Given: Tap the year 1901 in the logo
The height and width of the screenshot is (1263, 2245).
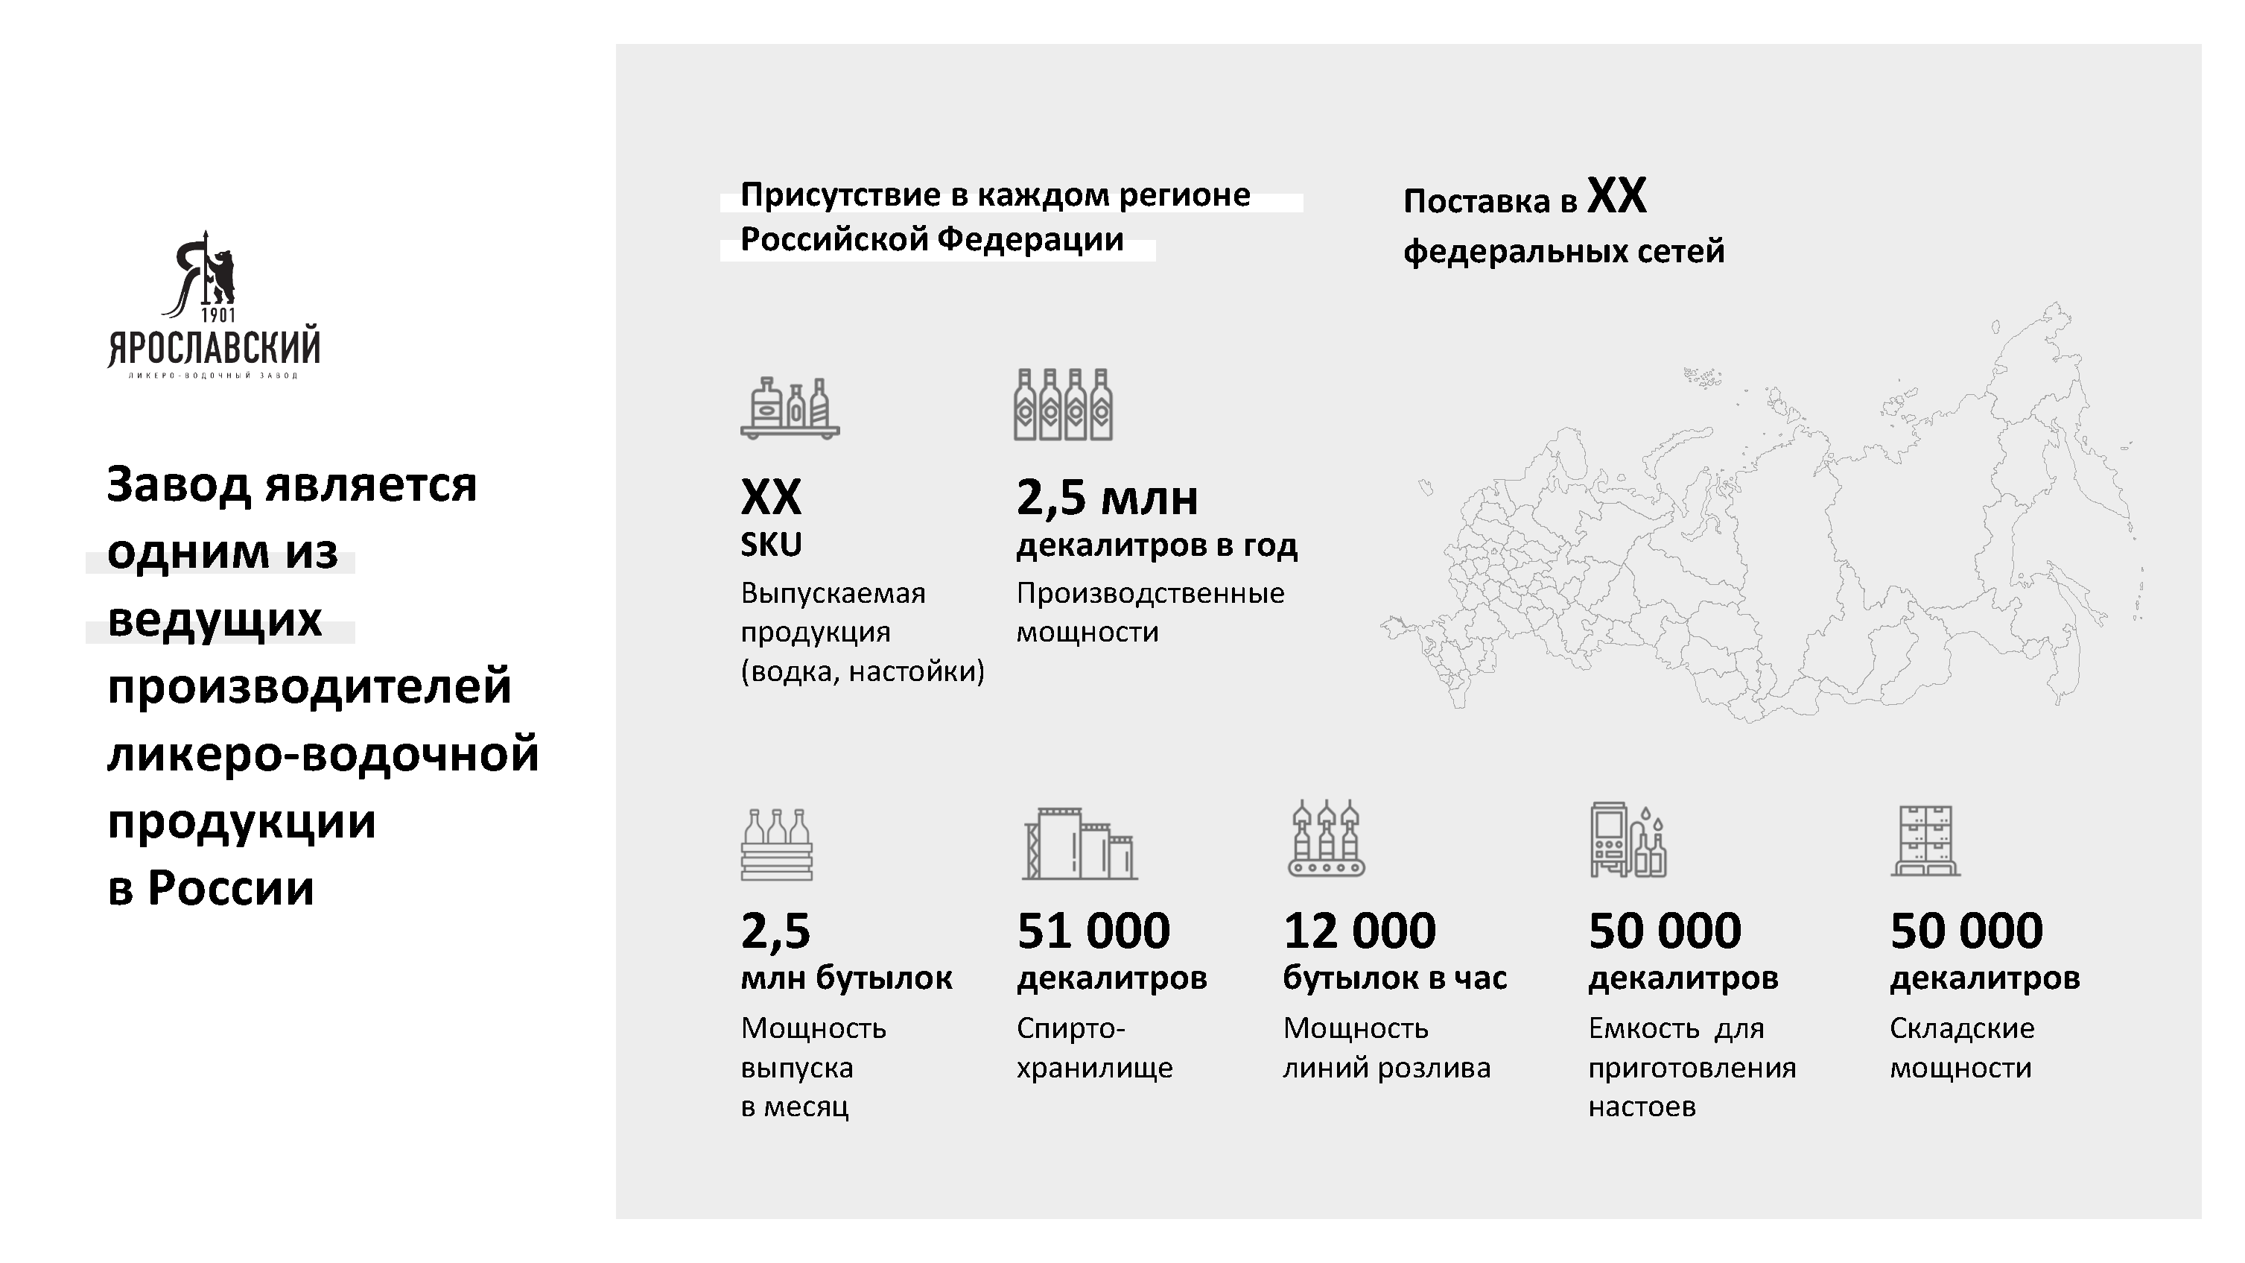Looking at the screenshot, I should pos(218,314).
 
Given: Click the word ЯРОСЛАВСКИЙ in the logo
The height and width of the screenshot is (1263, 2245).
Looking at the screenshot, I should pos(215,348).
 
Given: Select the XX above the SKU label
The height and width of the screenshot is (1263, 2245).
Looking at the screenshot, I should pos(770,498).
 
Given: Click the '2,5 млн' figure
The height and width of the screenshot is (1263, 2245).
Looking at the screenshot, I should pos(1107,498).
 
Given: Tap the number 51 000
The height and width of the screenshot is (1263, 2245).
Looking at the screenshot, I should pos(1093,930).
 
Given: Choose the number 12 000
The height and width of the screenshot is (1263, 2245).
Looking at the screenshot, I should pos(1359,930).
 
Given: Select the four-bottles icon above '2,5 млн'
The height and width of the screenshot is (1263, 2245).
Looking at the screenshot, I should pos(1063,405).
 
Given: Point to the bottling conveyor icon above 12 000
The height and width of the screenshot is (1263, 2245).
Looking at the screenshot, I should pos(1327,838).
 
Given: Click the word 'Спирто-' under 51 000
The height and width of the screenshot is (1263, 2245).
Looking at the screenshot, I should pos(1071,1028).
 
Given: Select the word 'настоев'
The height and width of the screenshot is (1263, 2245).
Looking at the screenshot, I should pos(1642,1107).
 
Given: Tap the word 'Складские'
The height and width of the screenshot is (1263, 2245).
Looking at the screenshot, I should pos(1962,1028).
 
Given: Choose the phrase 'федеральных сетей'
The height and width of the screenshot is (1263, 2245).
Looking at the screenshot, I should pos(1563,251).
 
